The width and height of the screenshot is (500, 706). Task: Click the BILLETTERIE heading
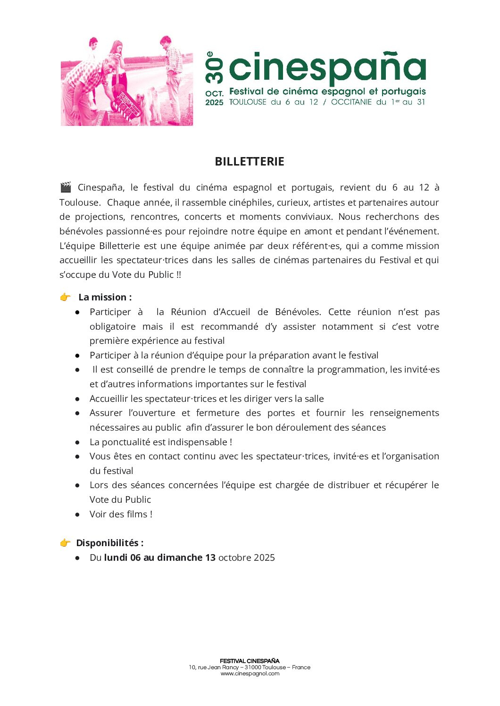(250, 161)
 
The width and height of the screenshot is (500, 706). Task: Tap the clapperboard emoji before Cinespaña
(66, 187)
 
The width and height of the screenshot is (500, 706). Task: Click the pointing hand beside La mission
(65, 297)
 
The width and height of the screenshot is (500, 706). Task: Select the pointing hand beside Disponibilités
(65, 543)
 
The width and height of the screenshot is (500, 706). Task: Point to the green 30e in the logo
(214, 68)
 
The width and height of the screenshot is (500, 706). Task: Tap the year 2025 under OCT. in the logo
(214, 102)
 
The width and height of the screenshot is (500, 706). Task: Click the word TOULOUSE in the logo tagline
(248, 102)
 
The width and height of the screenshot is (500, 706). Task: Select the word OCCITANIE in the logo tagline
(351, 102)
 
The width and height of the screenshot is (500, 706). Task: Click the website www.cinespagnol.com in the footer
(250, 673)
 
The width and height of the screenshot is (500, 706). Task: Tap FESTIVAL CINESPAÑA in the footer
(250, 661)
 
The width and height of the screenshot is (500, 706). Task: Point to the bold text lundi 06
(122, 557)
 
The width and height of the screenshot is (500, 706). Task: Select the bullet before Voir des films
(77, 515)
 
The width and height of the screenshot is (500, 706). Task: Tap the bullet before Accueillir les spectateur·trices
(77, 399)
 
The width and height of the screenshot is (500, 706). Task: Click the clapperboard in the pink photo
(129, 105)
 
